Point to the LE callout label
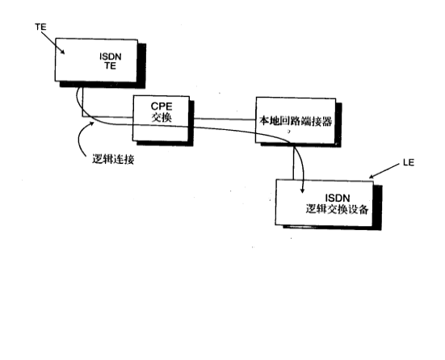(408, 165)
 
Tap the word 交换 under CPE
(163, 117)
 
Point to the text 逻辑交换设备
(338, 210)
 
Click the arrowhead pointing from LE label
(373, 175)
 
